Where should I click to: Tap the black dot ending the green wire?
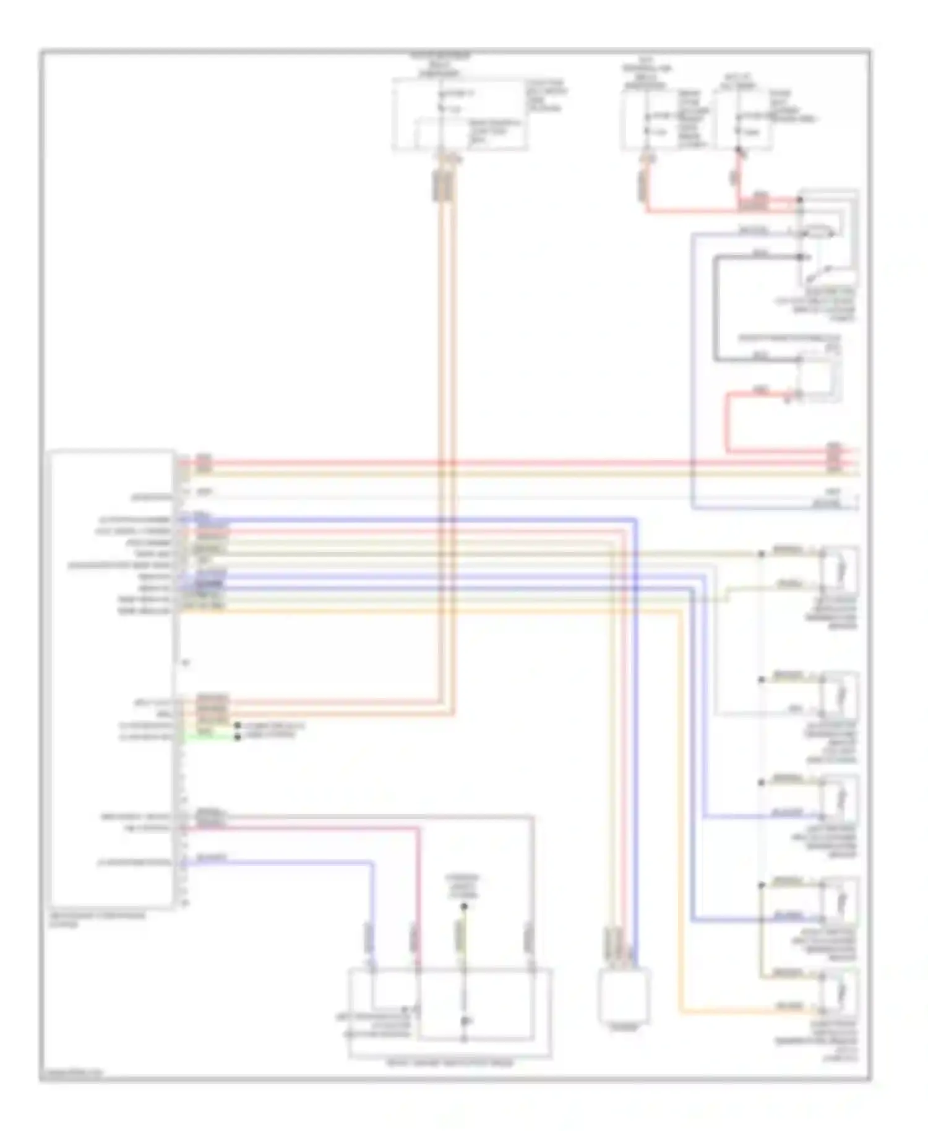(237, 737)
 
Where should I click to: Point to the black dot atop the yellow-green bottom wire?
(464, 906)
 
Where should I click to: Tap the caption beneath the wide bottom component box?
(450, 1063)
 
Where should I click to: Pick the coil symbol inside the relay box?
(817, 233)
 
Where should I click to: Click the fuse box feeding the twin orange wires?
(460, 115)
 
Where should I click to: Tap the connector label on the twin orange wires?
(444, 186)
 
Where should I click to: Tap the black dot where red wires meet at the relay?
(799, 200)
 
